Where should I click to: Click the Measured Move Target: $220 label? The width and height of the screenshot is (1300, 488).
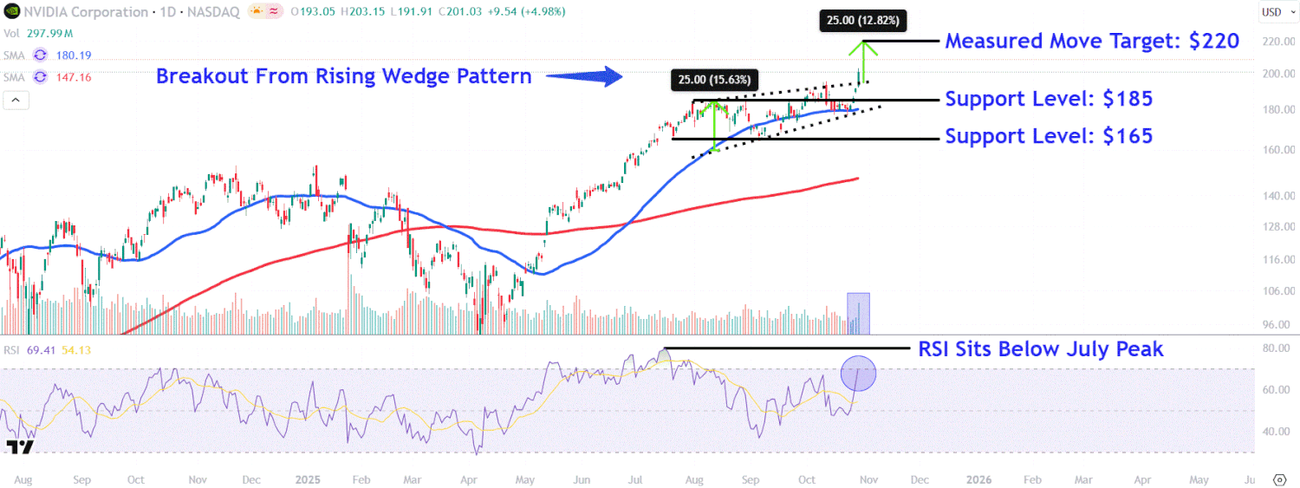[1091, 41]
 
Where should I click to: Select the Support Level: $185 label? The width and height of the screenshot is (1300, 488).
[1049, 99]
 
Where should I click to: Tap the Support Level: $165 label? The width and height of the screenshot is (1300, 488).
[1049, 136]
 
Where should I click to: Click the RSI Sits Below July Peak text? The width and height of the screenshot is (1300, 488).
[1040, 349]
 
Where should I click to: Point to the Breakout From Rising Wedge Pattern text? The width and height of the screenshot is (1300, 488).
[343, 76]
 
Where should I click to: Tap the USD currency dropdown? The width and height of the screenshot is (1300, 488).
[1271, 12]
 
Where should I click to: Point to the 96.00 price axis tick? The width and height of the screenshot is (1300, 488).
[1276, 325]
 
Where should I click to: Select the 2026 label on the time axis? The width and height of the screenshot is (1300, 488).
[979, 478]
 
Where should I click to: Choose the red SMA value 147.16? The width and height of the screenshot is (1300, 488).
[75, 77]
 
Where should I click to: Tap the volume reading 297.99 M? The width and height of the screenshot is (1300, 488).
[51, 34]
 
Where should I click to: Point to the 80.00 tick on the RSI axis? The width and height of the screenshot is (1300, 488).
[1276, 348]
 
